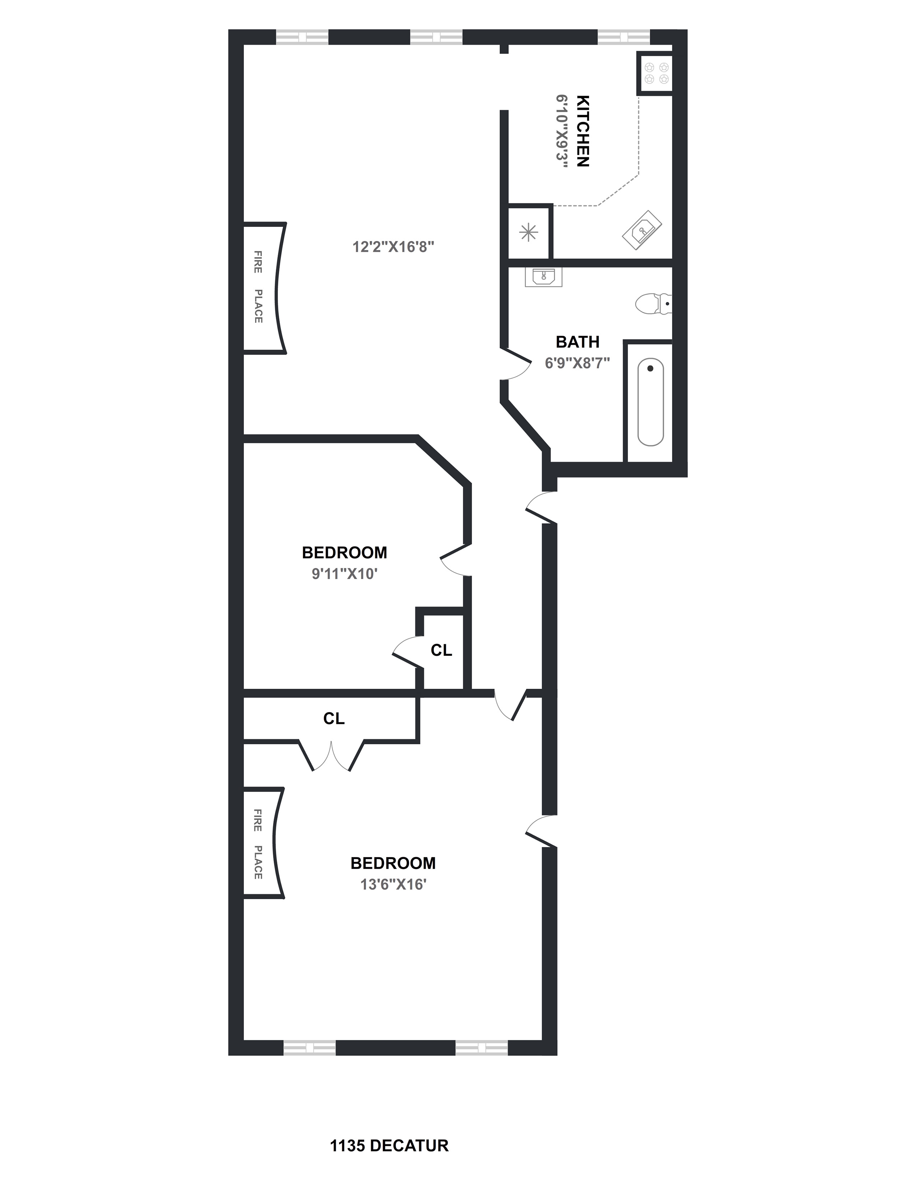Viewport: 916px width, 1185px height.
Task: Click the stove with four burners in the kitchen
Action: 655,73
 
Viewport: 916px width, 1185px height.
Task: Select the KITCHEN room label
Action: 582,131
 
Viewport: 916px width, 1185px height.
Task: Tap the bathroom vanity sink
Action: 543,277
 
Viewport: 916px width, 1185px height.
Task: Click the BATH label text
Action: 577,342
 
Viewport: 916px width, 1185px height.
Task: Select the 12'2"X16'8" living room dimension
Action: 393,247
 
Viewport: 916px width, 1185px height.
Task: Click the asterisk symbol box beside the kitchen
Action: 528,233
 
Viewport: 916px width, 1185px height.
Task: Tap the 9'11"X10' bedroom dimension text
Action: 344,574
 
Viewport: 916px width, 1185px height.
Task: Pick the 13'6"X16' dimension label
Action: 393,884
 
